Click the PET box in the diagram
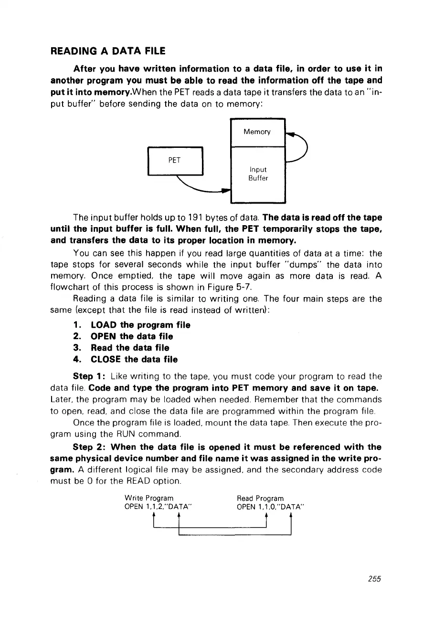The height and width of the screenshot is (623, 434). pyautogui.click(x=175, y=161)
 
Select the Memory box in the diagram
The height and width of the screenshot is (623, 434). pyautogui.click(x=257, y=132)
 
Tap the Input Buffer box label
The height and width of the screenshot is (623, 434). pyautogui.click(x=258, y=174)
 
